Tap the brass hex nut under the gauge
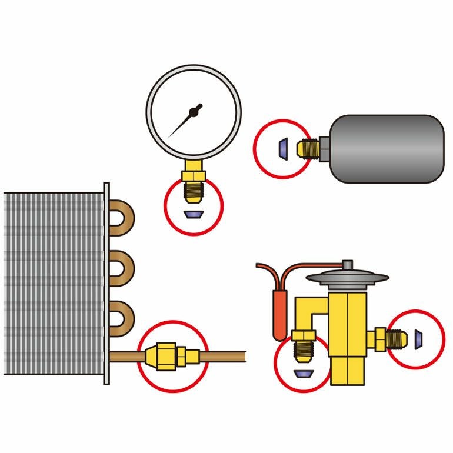click(193, 175)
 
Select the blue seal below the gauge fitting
click(193, 214)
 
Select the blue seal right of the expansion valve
click(418, 338)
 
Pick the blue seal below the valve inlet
click(304, 374)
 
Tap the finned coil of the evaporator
click(53, 282)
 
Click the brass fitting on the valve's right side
click(385, 338)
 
